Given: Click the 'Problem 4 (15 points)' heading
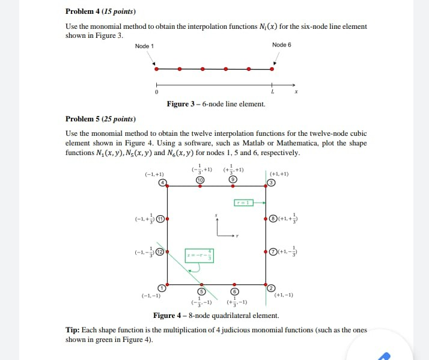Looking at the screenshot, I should pos(100,11).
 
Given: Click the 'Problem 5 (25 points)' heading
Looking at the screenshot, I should pos(100,118).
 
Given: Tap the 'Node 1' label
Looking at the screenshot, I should pos(144,46).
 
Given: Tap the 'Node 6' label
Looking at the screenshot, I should pos(281,45).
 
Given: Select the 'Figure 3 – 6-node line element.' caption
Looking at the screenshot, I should pos(216,104).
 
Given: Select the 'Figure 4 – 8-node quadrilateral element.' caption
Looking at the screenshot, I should pos(216,316).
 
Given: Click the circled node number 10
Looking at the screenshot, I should pos(201,180).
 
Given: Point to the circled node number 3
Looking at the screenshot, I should pos(272,183).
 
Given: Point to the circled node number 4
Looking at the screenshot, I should pos(162,183).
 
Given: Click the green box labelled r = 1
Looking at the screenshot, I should pos(245,203).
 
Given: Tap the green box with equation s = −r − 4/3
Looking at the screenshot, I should pos(199,255).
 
